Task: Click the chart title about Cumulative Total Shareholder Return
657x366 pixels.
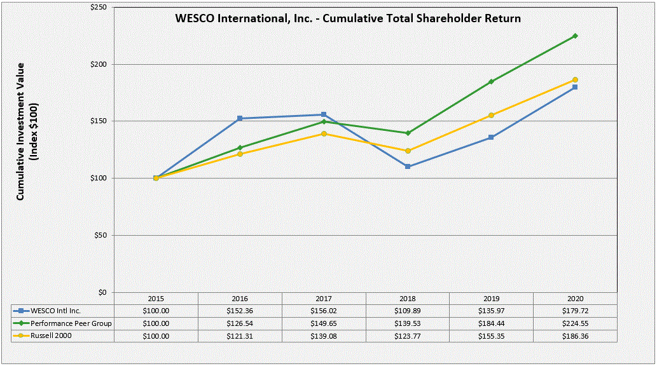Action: point(348,18)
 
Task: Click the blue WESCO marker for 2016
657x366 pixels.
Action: point(240,118)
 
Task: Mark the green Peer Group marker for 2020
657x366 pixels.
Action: point(575,36)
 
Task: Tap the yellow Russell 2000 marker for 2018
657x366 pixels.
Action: point(408,151)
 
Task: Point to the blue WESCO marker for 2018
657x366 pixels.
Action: point(408,166)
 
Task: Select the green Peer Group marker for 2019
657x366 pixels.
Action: point(491,82)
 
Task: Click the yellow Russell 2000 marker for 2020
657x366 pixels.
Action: point(575,79)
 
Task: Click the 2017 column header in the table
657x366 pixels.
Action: point(324,299)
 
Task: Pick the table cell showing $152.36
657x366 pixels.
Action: point(240,311)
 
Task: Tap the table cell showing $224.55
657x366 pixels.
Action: point(575,323)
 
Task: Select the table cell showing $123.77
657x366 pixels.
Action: point(408,335)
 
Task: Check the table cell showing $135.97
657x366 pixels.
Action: point(491,311)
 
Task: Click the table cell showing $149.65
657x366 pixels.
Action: point(324,323)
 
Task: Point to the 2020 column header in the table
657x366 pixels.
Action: point(575,299)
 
